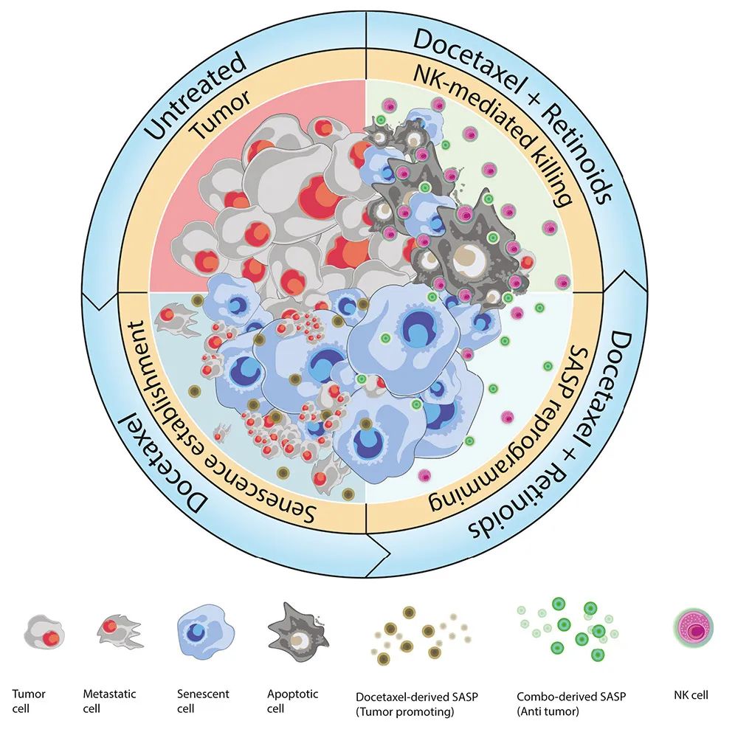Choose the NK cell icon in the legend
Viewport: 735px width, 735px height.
(694, 631)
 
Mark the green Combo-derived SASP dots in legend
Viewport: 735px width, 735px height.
(568, 627)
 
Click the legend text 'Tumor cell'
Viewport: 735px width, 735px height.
(30, 700)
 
